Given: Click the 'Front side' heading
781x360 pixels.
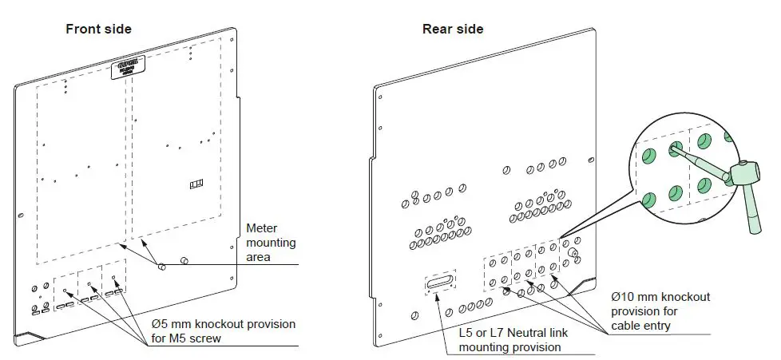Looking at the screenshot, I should (98, 30).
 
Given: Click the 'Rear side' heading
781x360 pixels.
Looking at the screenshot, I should (453, 30).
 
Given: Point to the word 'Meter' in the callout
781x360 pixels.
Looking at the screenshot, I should (260, 227).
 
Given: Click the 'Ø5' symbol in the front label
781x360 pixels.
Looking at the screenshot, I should (160, 324).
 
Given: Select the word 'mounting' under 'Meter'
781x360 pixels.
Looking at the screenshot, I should (272, 242).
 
